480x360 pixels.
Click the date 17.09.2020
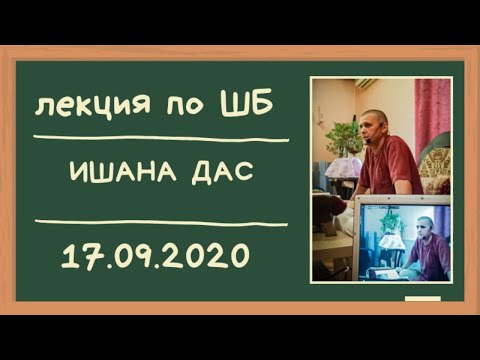pos(154,256)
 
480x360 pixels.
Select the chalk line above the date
pos(160,221)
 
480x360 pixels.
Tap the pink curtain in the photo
pos(432,110)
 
